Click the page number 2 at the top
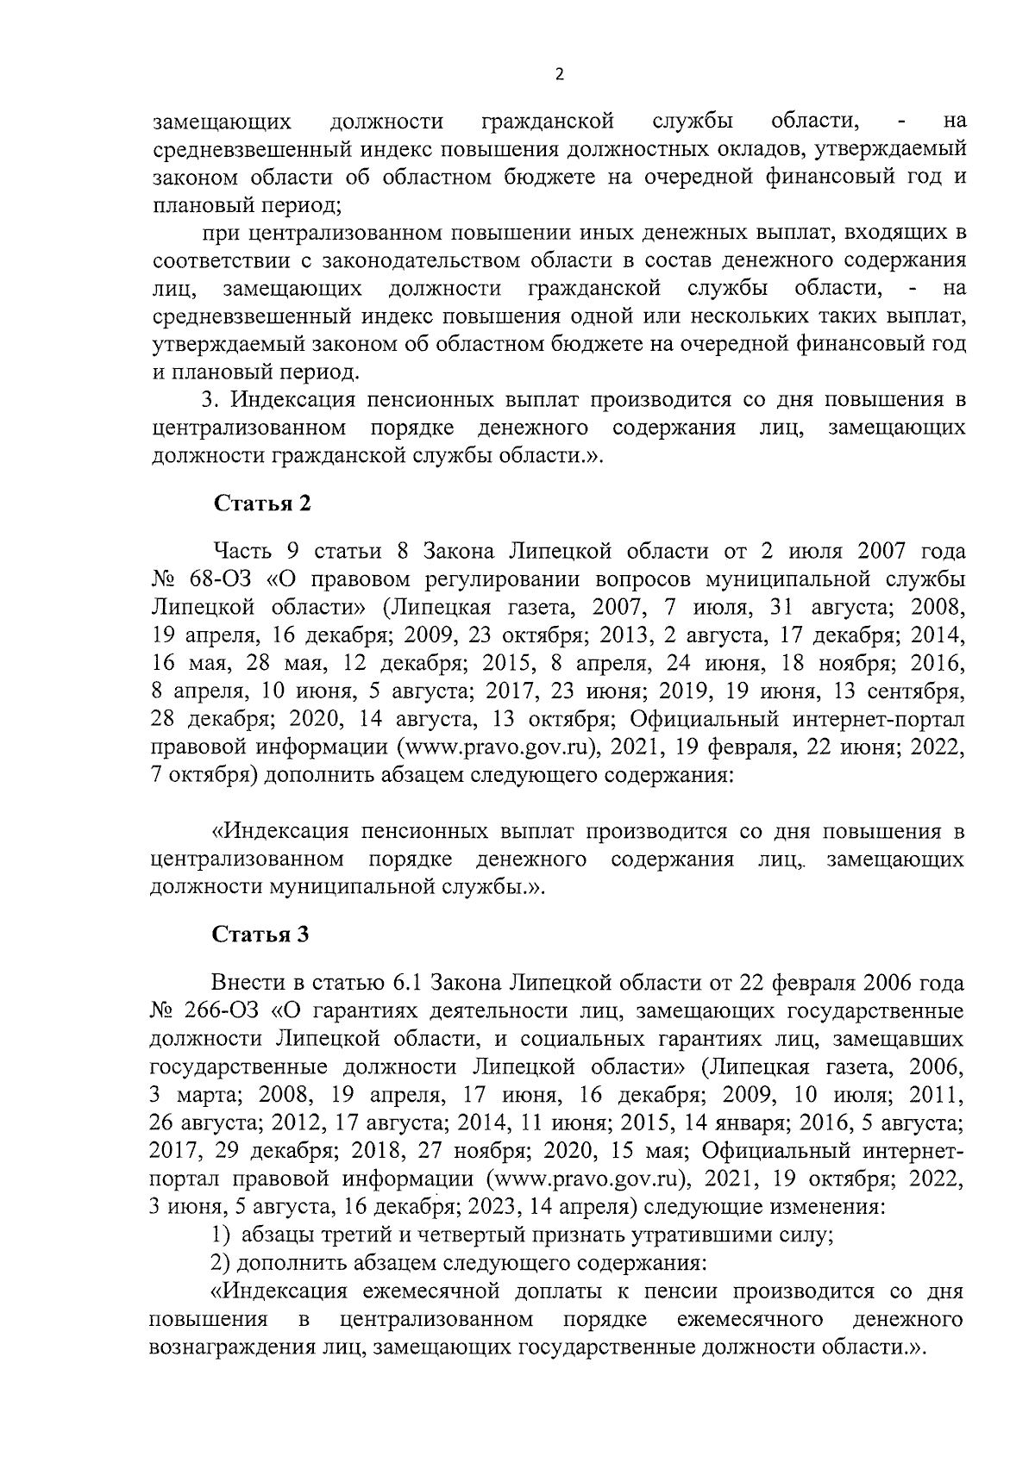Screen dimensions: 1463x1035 pyautogui.click(x=558, y=75)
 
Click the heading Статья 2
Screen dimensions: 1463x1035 pyautogui.click(x=261, y=503)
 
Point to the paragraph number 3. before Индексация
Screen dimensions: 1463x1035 pyautogui.click(x=209, y=400)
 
